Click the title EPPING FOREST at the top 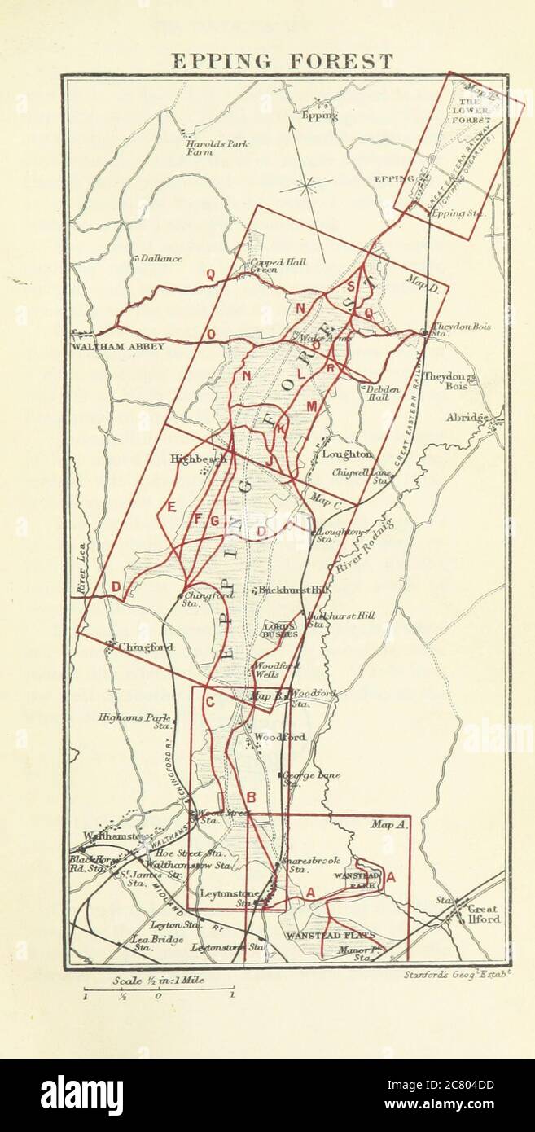click(x=282, y=61)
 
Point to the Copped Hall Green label click(x=267, y=265)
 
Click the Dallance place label click(x=160, y=259)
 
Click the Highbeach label click(x=196, y=459)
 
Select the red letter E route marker click(x=171, y=507)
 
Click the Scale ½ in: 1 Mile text click(x=158, y=981)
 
